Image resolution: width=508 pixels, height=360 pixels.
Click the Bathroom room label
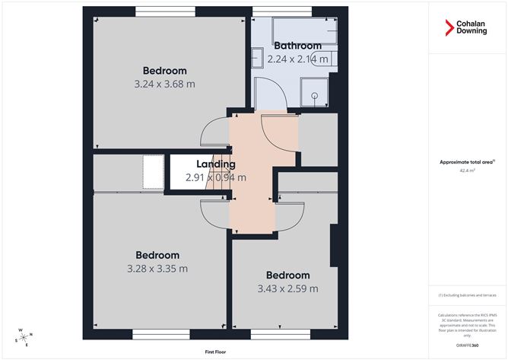tap(297, 46)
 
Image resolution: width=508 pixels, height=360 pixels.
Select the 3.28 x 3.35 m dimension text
tap(157, 268)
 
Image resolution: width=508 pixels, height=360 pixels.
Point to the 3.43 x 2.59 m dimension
tap(287, 288)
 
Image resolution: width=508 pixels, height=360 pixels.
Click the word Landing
tap(216, 164)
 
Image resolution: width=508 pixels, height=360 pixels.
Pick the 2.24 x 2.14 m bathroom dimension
tap(297, 59)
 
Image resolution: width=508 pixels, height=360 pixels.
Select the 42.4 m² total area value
tap(467, 170)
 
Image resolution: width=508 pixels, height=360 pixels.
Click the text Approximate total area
tap(466, 161)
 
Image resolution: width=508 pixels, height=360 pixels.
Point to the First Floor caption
tap(216, 352)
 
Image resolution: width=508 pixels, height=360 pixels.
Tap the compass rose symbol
tap(23, 336)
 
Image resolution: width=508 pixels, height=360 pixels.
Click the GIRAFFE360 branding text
tap(466, 345)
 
